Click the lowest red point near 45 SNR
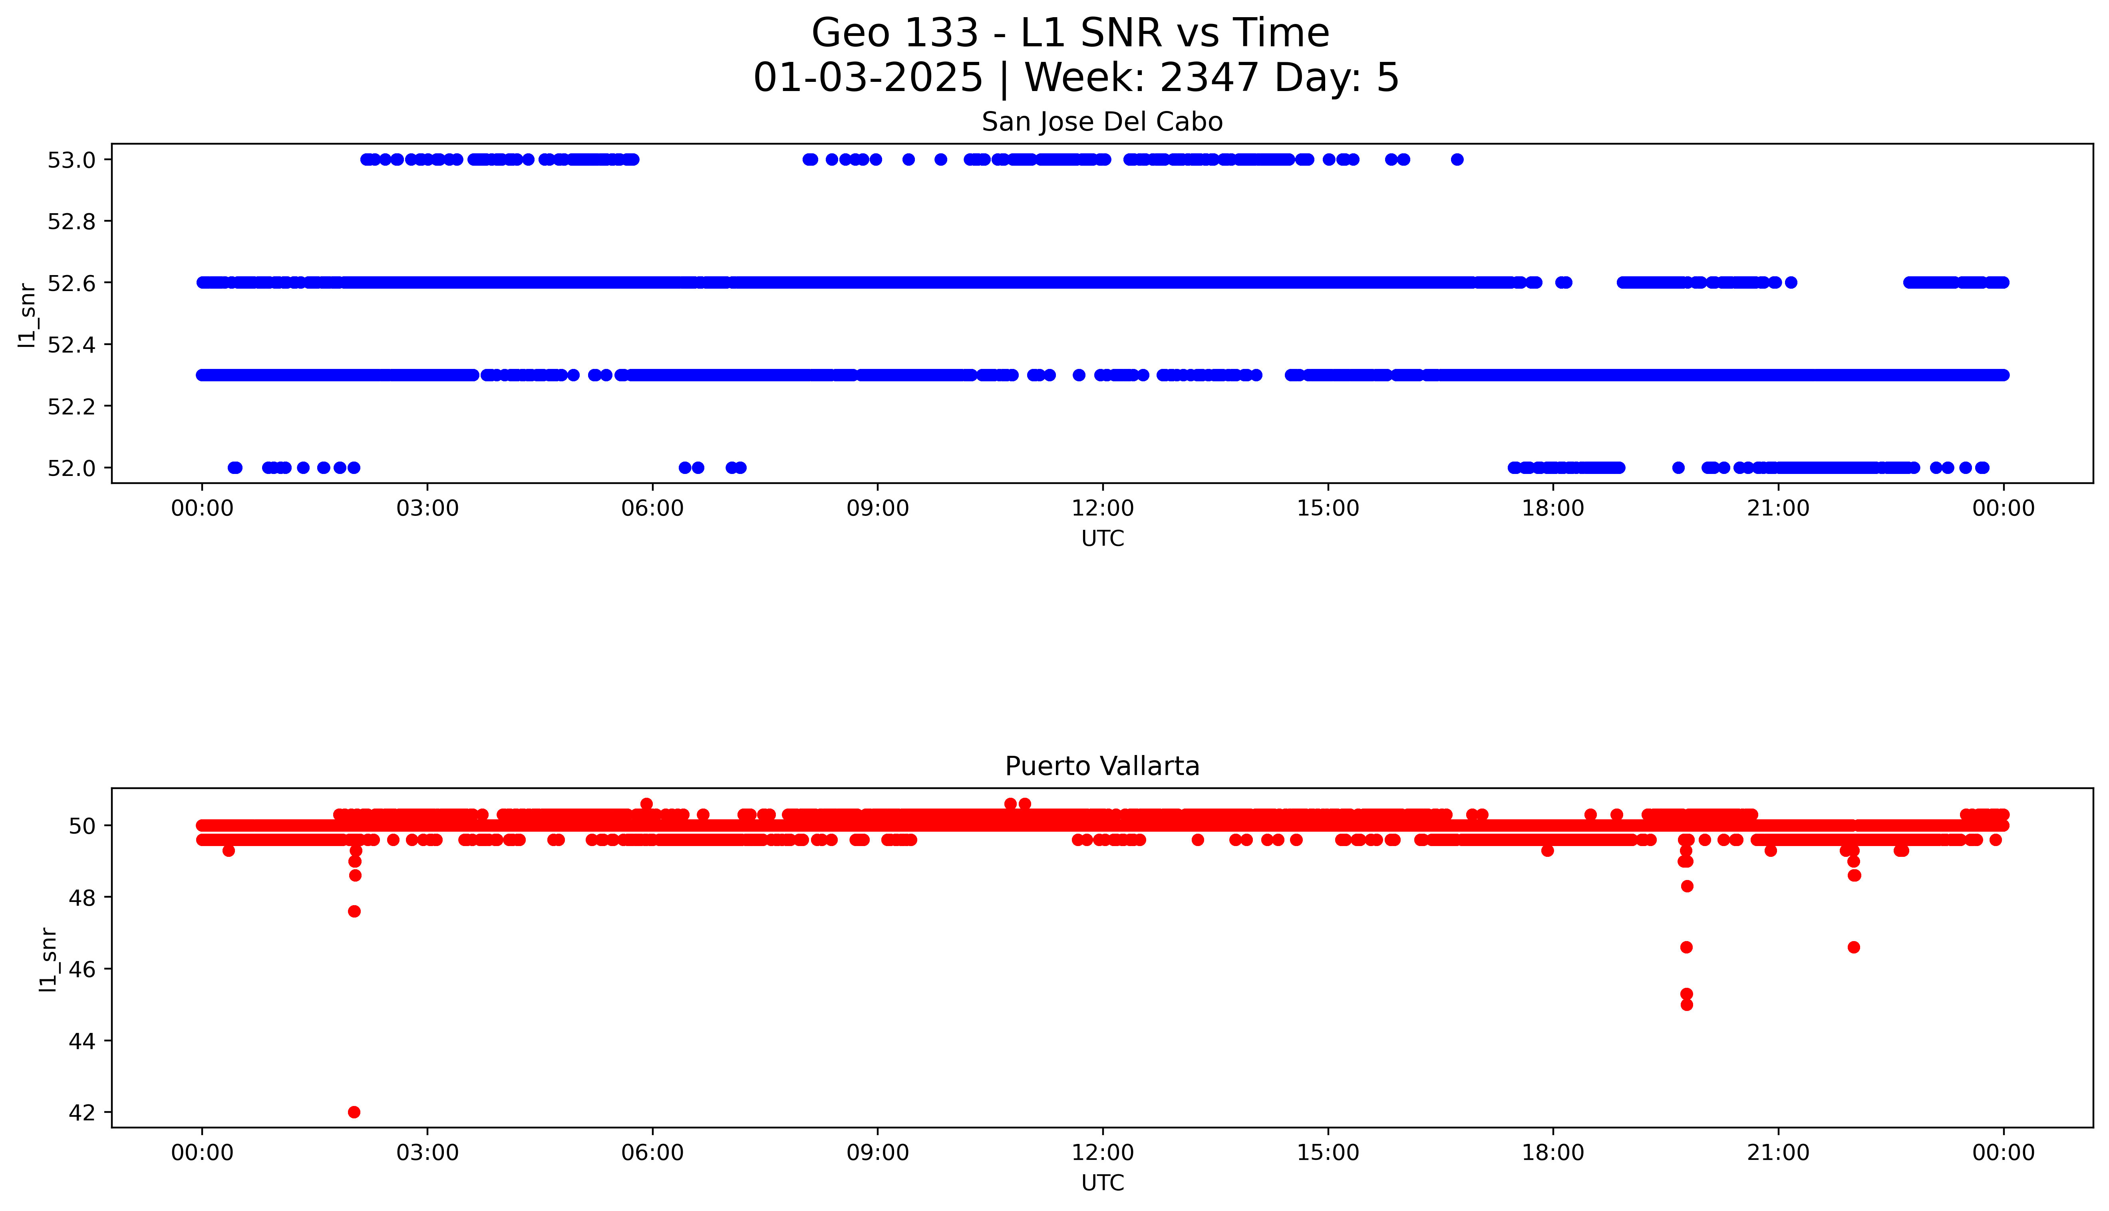tap(1686, 1005)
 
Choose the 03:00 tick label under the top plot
tap(427, 508)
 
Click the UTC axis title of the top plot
tap(1102, 539)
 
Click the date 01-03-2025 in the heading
tap(868, 78)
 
